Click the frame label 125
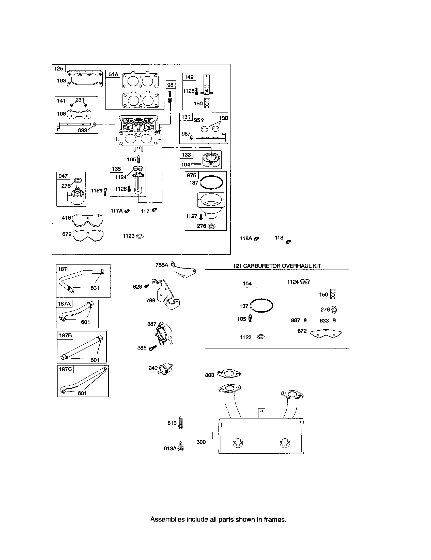coord(59,68)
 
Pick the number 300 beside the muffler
coord(201,442)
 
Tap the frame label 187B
coord(65,335)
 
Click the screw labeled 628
coord(147,286)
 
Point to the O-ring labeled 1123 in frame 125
coord(140,236)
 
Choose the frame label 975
coord(191,175)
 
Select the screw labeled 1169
coord(105,192)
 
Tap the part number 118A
coord(246,238)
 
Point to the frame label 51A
coord(113,74)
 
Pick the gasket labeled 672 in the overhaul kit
coord(326,334)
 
